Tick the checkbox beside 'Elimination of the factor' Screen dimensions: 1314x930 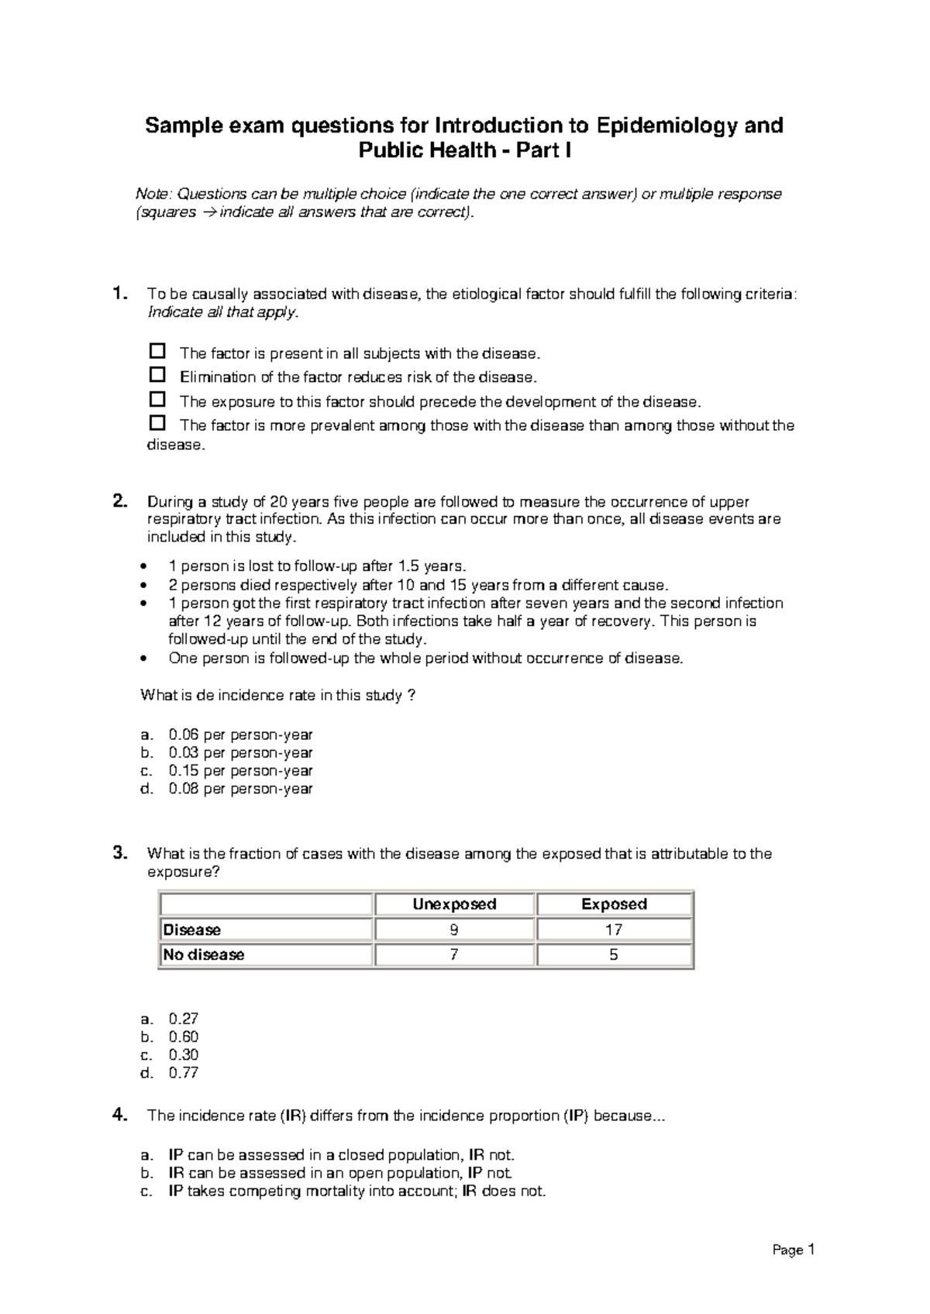(157, 375)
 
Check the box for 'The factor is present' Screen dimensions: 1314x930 (157, 351)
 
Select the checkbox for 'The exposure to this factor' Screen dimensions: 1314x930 (157, 399)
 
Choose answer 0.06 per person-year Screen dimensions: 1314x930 (240, 734)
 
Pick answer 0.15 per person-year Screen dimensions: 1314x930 (240, 771)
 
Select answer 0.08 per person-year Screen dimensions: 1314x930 (240, 789)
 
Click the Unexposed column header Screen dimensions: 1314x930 (454, 904)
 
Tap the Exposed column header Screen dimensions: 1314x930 (614, 904)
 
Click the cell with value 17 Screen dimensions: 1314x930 (614, 930)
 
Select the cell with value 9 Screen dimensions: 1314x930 (454, 930)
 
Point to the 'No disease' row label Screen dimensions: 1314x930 (204, 955)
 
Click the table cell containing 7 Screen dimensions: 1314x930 (454, 955)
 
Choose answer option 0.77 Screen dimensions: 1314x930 (184, 1073)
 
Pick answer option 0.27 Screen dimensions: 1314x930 (184, 1020)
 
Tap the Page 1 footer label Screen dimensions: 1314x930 (794, 1250)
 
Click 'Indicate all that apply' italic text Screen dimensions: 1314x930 (222, 312)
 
